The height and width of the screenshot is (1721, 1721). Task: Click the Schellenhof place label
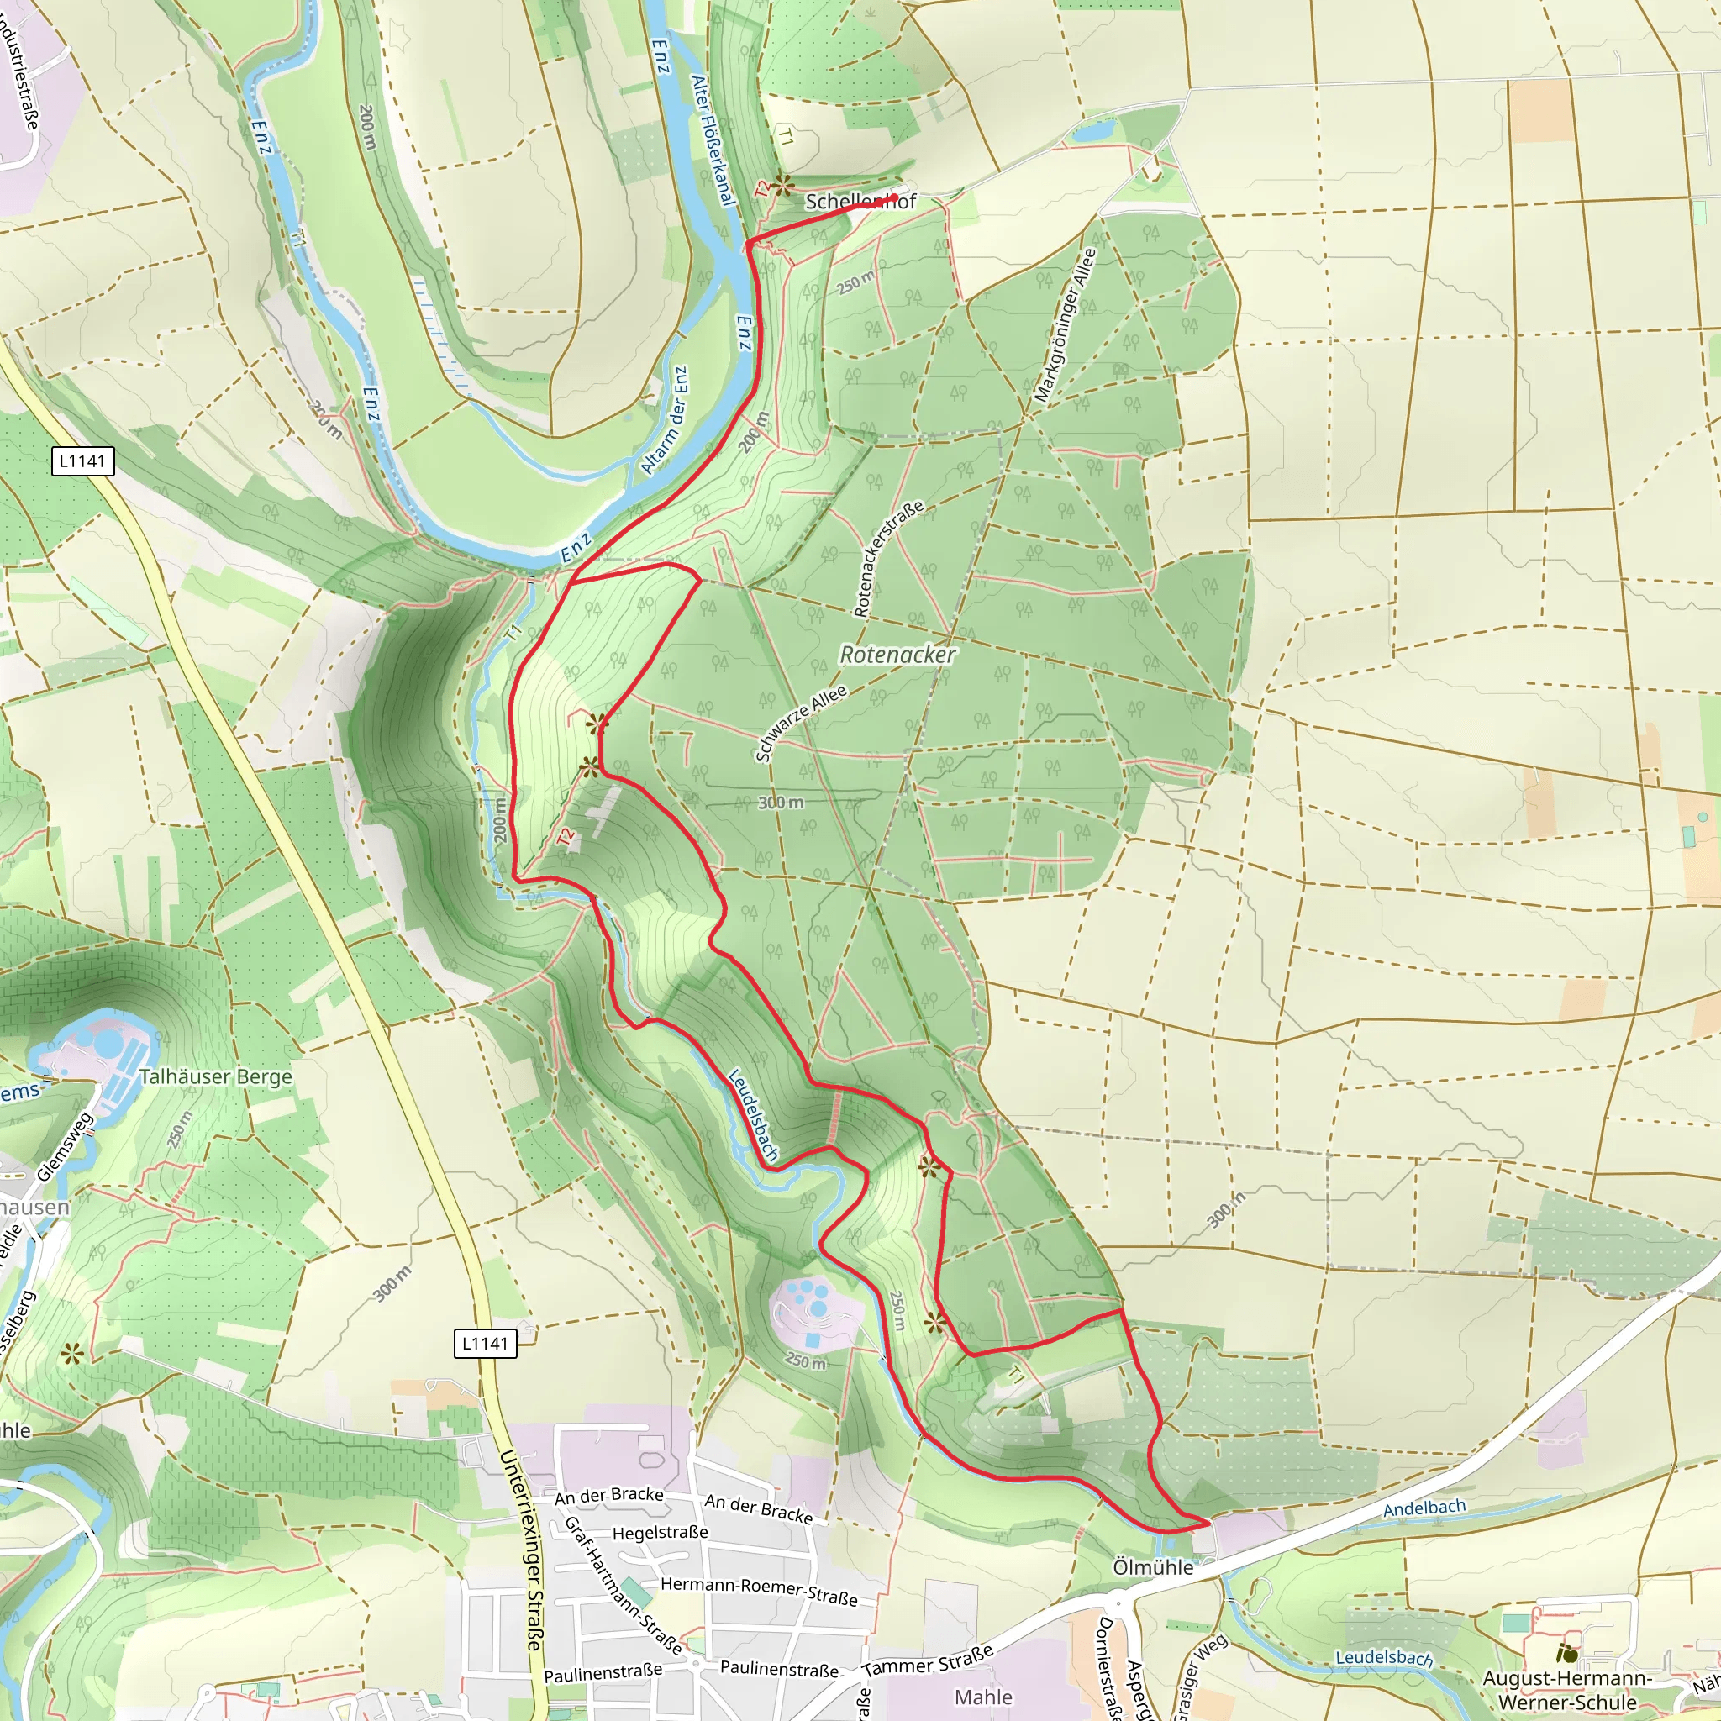[x=860, y=202]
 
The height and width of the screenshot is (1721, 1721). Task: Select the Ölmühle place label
[x=1153, y=1568]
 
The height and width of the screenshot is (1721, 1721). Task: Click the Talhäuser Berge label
[x=216, y=1077]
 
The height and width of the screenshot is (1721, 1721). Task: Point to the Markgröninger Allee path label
[x=1066, y=324]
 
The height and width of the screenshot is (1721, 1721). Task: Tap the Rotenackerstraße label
[x=888, y=559]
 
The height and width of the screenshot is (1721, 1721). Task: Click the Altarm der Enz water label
[x=665, y=421]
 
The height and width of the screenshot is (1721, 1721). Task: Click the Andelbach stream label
[x=1424, y=1508]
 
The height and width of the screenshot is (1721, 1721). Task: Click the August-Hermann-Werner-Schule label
[x=1567, y=1691]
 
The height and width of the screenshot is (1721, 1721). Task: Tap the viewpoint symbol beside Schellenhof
[x=782, y=185]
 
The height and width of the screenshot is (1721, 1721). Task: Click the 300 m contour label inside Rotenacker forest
[x=781, y=803]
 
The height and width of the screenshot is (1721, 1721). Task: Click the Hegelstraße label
[x=660, y=1532]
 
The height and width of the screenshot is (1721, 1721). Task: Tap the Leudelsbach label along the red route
[x=753, y=1115]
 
